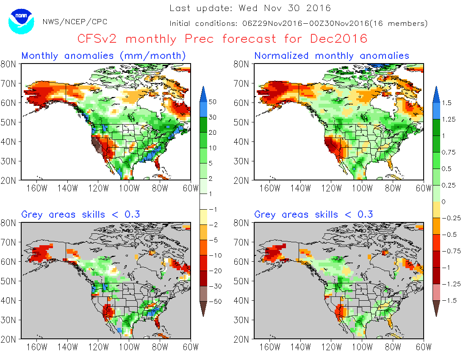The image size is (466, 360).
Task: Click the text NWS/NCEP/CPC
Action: coord(75,22)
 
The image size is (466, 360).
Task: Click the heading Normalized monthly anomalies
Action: coord(332,55)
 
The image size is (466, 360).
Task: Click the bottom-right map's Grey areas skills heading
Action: coord(313,214)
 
